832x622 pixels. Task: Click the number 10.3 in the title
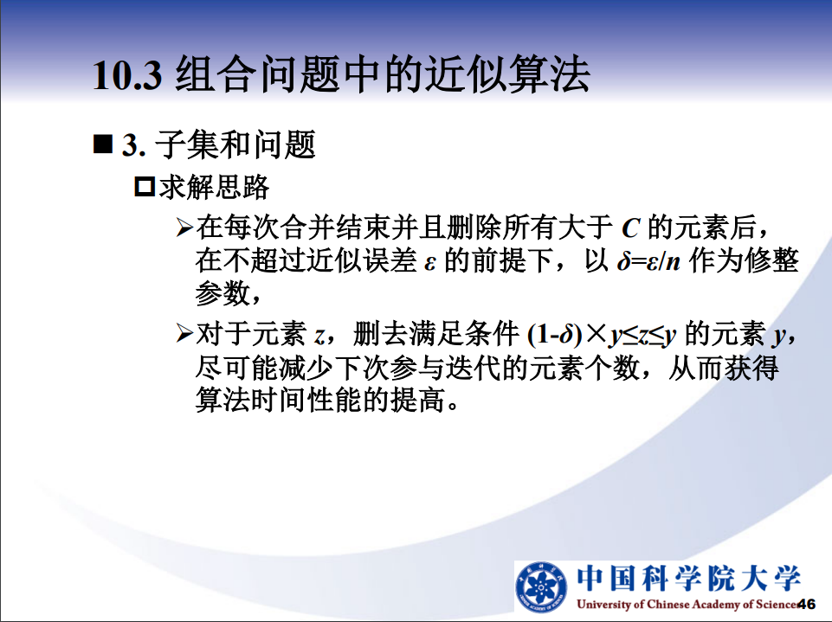click(126, 74)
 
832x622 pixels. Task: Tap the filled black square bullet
click(103, 144)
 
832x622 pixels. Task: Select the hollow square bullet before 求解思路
click(145, 187)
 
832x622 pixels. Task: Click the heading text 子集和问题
click(235, 144)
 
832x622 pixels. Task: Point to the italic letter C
click(630, 228)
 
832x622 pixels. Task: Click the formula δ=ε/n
click(648, 261)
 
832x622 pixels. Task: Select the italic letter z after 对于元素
click(319, 337)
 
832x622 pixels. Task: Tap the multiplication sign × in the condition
click(597, 334)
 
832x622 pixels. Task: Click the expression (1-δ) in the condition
click(556, 335)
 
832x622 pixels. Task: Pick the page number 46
click(807, 604)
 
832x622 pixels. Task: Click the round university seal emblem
click(541, 587)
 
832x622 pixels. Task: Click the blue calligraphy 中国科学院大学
click(688, 578)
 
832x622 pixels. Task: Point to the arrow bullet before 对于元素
click(184, 334)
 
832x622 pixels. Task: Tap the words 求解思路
click(215, 187)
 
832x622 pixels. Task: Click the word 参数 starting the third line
click(223, 292)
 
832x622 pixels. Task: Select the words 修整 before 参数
click(771, 260)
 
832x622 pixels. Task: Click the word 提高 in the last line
click(417, 400)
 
